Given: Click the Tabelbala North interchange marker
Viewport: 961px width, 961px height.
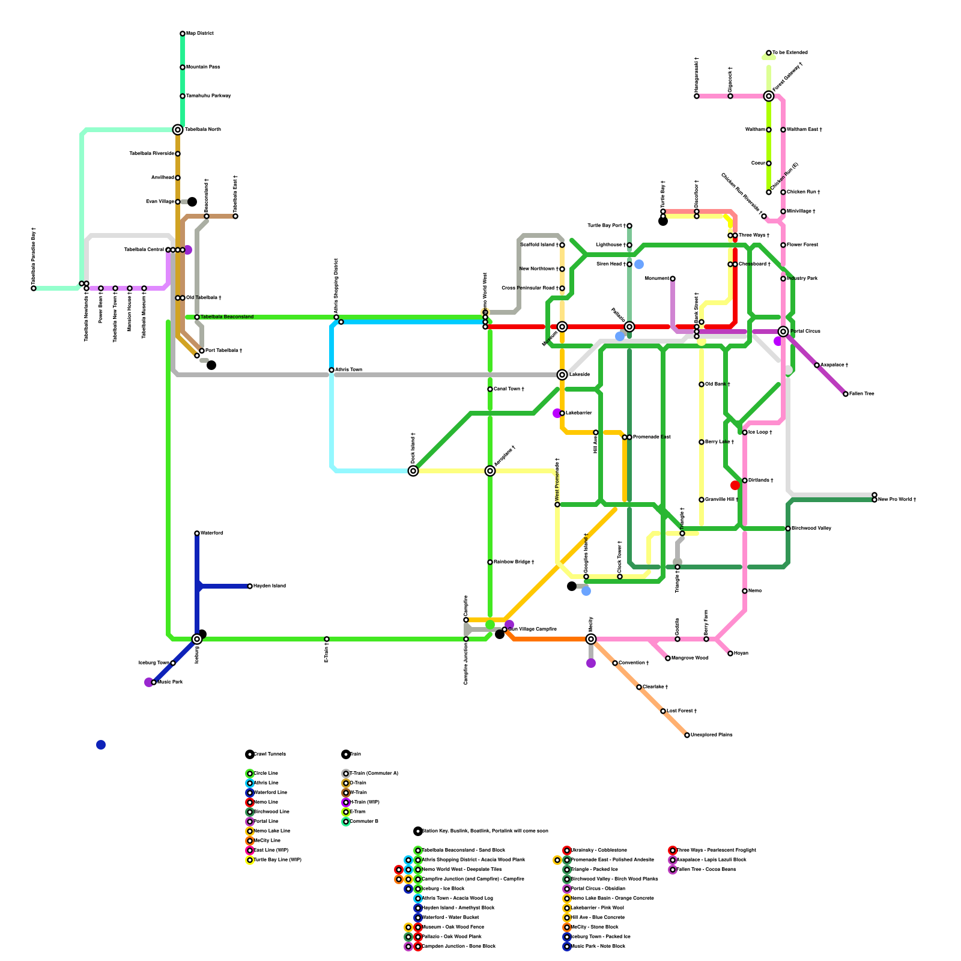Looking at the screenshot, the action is point(178,130).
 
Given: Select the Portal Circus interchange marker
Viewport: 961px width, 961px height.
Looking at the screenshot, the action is point(783,332).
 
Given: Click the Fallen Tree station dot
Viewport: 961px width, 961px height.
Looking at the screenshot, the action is point(846,394).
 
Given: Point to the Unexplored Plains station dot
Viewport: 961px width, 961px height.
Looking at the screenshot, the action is point(687,735).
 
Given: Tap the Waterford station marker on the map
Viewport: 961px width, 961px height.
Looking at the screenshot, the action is point(197,533).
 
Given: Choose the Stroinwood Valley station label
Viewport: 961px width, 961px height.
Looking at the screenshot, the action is point(811,529).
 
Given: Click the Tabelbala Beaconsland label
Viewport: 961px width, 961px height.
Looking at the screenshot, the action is point(227,317).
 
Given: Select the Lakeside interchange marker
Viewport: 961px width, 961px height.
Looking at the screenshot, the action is point(562,375).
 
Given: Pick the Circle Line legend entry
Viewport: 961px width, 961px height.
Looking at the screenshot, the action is point(266,774).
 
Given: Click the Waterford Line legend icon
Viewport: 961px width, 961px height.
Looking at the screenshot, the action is point(250,793).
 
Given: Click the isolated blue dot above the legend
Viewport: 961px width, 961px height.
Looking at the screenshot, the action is point(101,745).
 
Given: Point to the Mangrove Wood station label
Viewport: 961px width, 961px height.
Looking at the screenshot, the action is point(690,658).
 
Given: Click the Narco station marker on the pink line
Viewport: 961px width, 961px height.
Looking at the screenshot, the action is point(745,591).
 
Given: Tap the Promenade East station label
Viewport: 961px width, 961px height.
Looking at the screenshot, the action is point(652,437).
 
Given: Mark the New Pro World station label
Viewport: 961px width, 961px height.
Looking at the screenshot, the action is point(897,500).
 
